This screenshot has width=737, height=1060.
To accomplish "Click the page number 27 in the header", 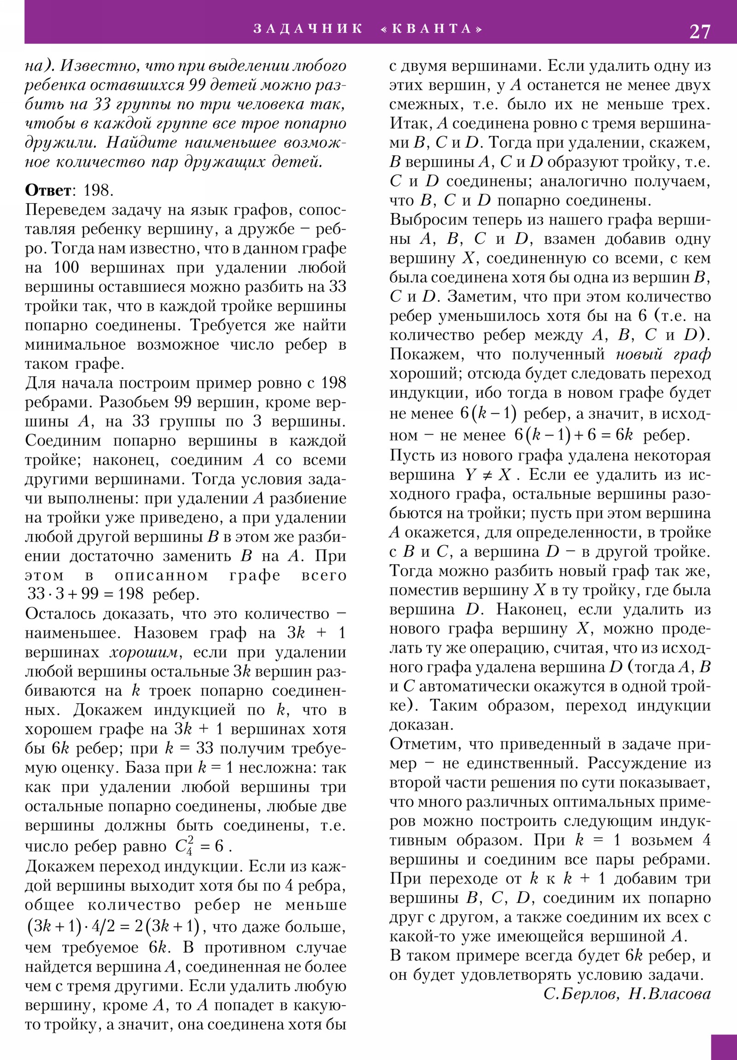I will [700, 31].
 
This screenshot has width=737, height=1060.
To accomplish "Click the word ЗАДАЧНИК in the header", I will [308, 29].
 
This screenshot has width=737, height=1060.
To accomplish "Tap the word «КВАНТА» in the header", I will [432, 29].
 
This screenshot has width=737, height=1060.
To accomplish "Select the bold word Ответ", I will [48, 190].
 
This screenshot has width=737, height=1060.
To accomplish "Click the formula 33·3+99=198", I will [86, 594].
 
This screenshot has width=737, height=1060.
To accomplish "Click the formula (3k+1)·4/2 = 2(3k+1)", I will [113, 926].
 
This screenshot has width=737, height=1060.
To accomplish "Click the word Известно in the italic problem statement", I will [97, 66].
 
